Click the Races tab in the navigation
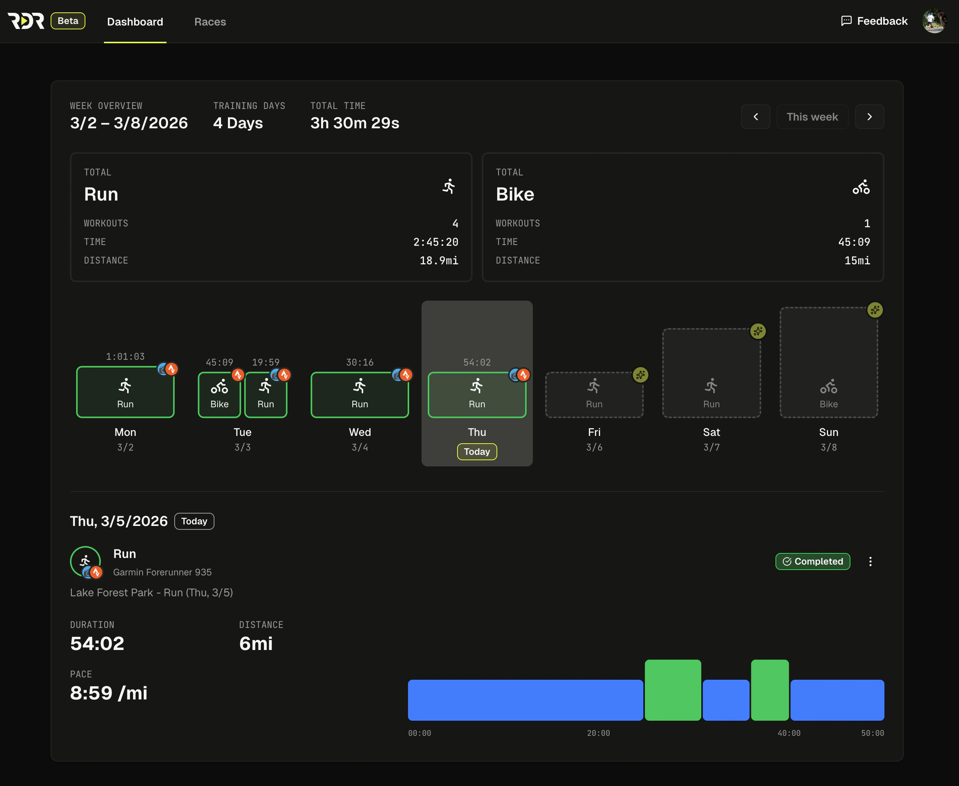click(210, 22)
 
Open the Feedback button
click(874, 21)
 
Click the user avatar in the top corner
click(934, 21)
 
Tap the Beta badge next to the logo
click(68, 21)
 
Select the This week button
click(812, 117)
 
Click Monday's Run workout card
click(126, 392)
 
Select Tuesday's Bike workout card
click(219, 395)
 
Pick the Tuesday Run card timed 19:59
click(265, 395)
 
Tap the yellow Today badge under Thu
click(477, 451)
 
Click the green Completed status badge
click(812, 561)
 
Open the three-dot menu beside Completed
click(870, 561)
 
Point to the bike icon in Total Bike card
click(861, 187)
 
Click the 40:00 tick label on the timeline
click(788, 733)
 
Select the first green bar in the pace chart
click(672, 690)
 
